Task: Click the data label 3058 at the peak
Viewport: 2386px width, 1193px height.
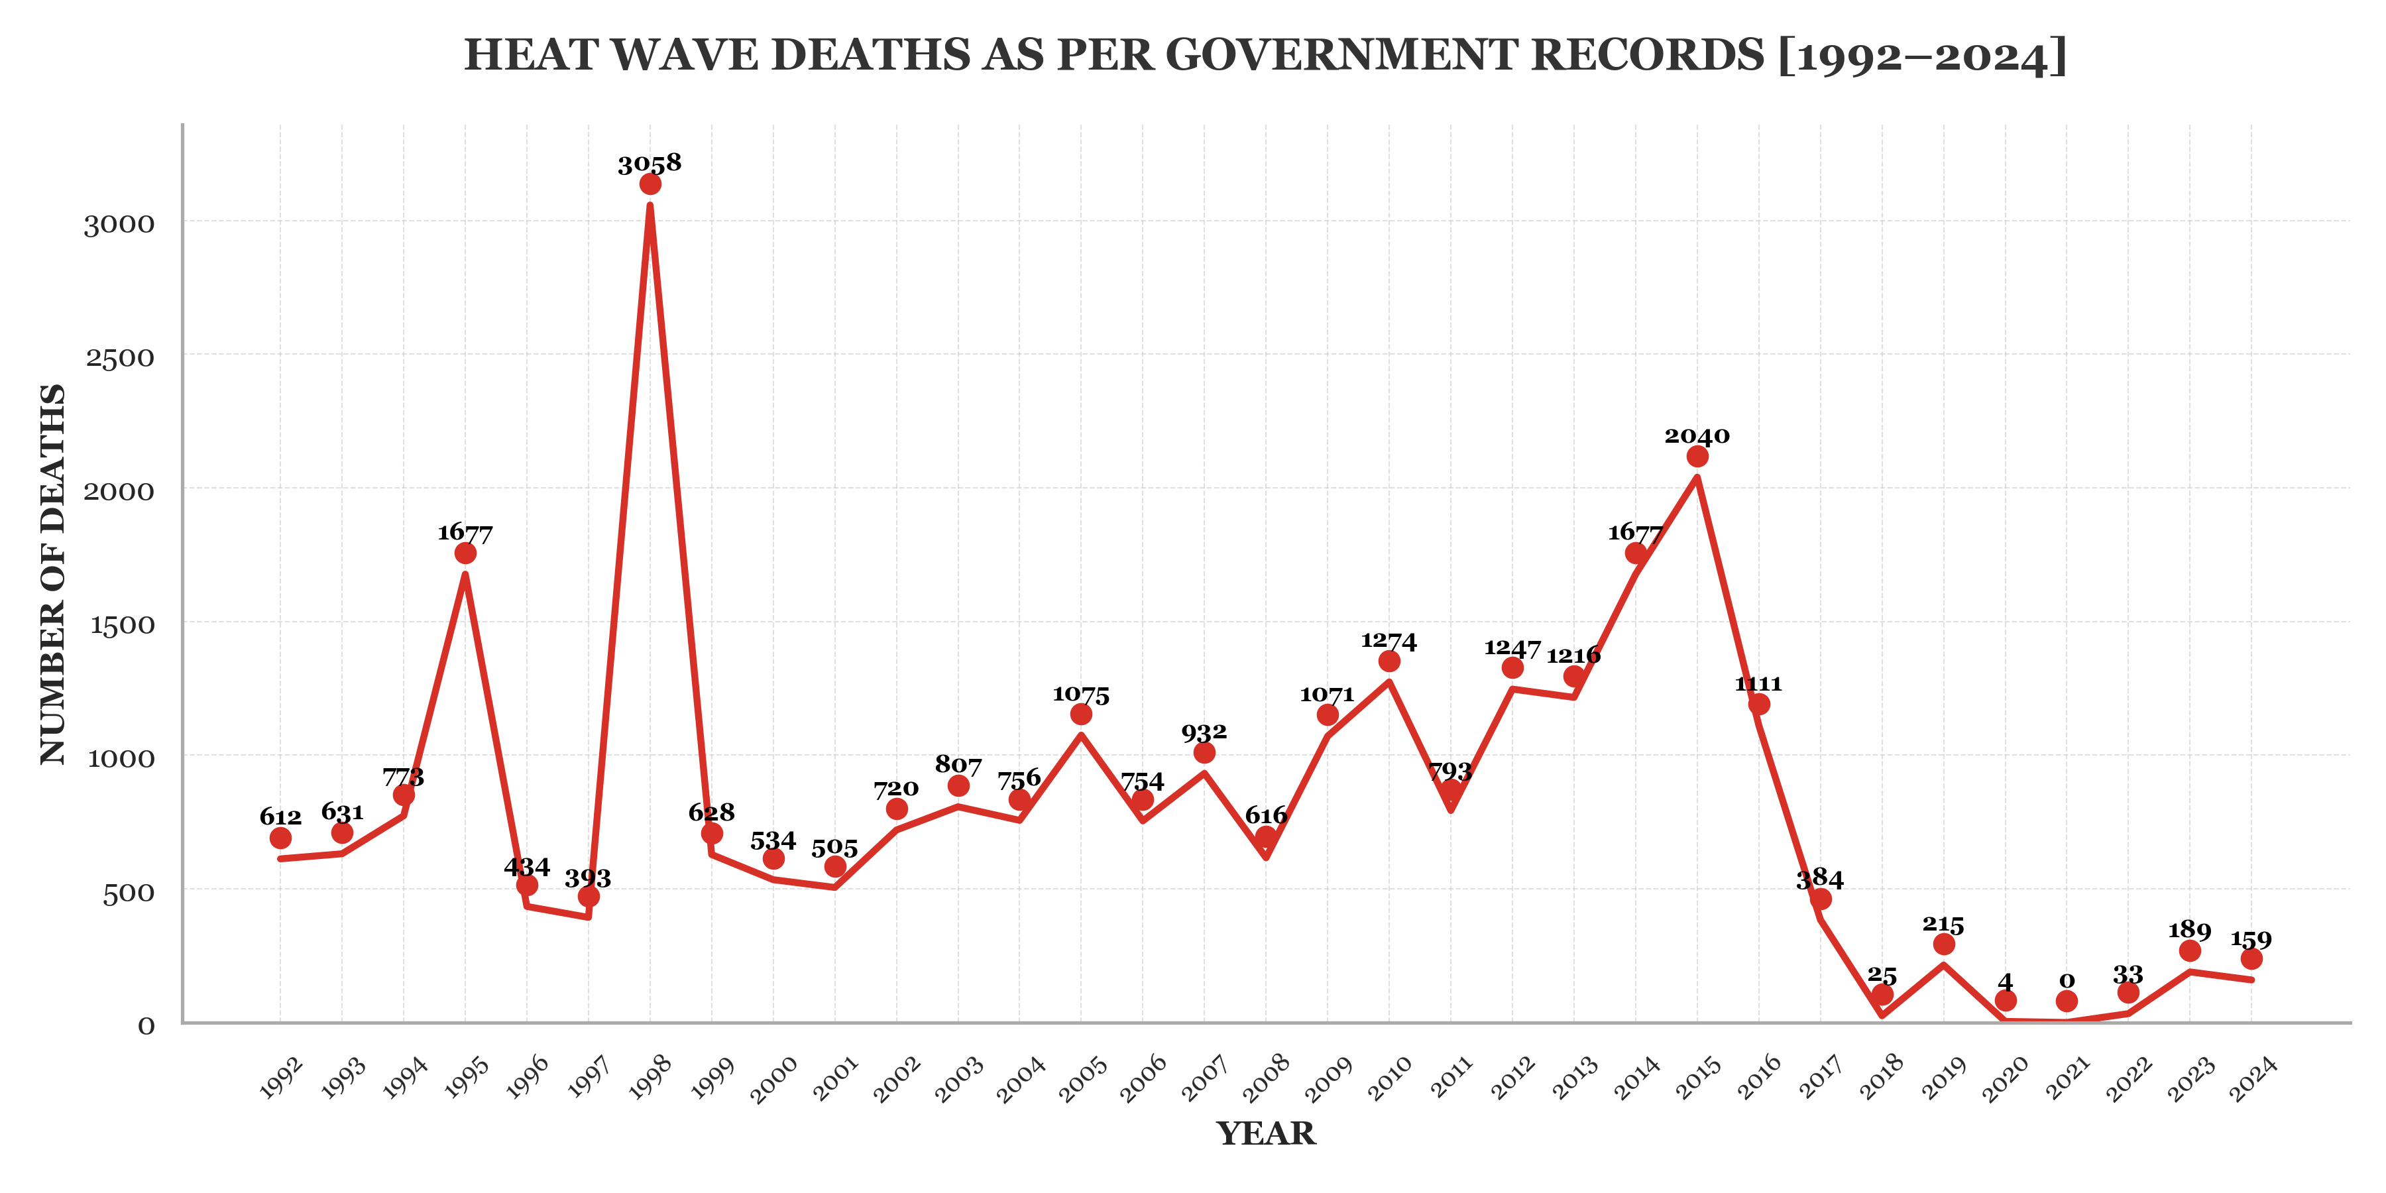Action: click(x=650, y=164)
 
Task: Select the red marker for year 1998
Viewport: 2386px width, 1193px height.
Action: click(x=650, y=184)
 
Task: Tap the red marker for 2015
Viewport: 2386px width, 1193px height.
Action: click(x=1697, y=457)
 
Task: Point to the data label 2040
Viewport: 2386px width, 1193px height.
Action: click(x=1697, y=436)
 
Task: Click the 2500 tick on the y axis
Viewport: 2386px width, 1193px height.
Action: click(x=121, y=357)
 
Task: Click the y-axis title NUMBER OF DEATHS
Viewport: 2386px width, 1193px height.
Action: click(x=53, y=574)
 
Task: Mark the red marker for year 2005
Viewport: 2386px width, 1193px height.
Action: click(x=1081, y=714)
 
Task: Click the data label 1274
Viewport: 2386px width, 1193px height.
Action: click(x=1389, y=641)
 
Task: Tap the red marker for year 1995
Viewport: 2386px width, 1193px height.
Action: click(x=465, y=553)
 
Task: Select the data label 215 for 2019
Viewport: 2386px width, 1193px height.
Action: click(x=1943, y=925)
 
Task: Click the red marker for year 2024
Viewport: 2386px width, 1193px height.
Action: click(x=2251, y=958)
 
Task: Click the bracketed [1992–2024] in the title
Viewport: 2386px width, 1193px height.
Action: click(x=1923, y=56)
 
